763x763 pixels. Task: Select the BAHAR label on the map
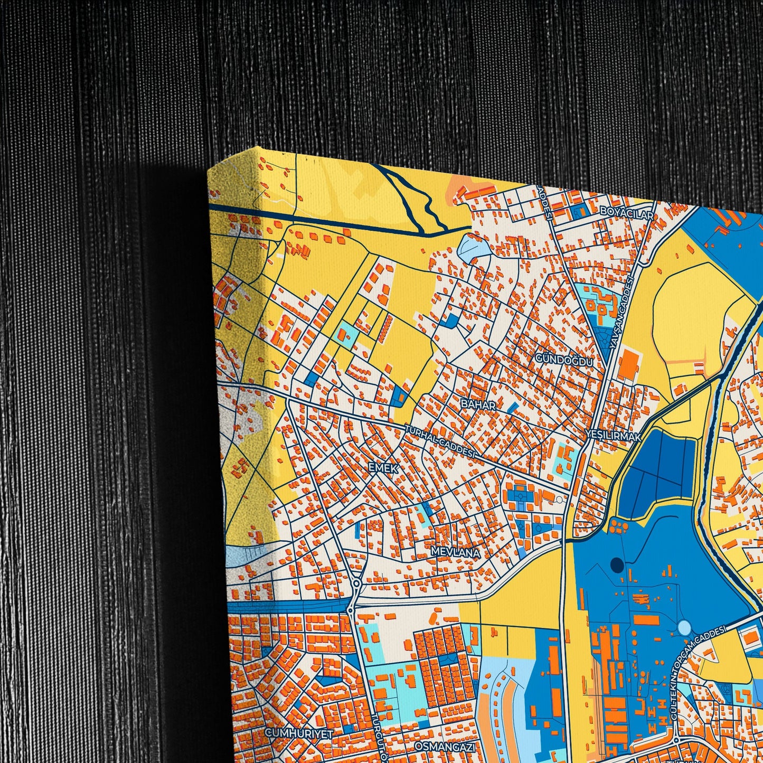coord(478,405)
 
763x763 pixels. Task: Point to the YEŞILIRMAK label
coord(613,437)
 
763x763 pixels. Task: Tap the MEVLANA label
coord(455,552)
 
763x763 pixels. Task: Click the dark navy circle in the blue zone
coord(617,565)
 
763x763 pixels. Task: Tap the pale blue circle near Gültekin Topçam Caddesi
coord(684,627)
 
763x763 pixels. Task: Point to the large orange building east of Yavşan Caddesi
coord(628,363)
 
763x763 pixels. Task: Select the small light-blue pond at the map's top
coord(471,246)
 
